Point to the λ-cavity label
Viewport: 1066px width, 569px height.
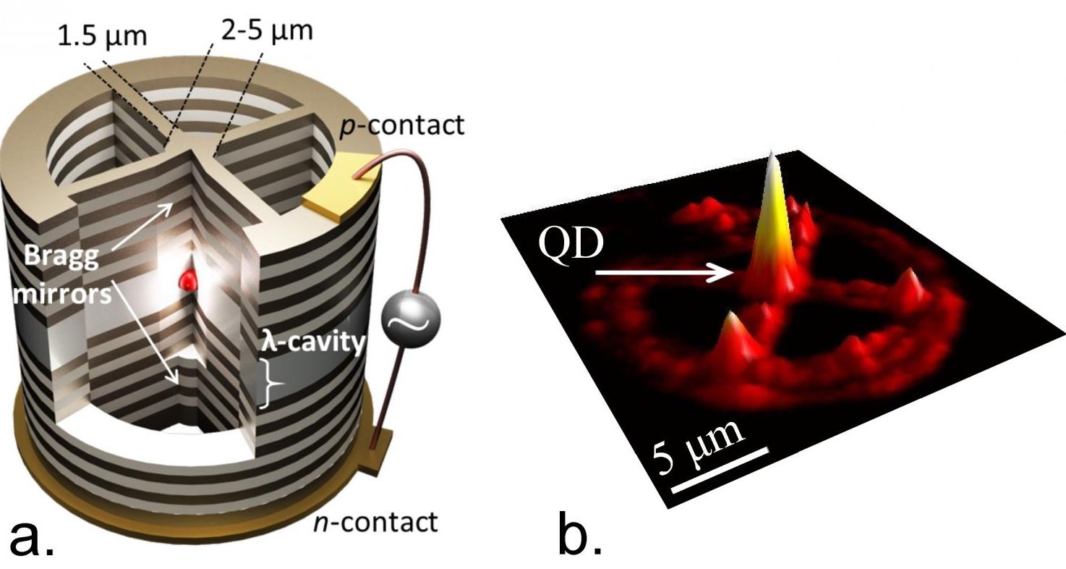(312, 342)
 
